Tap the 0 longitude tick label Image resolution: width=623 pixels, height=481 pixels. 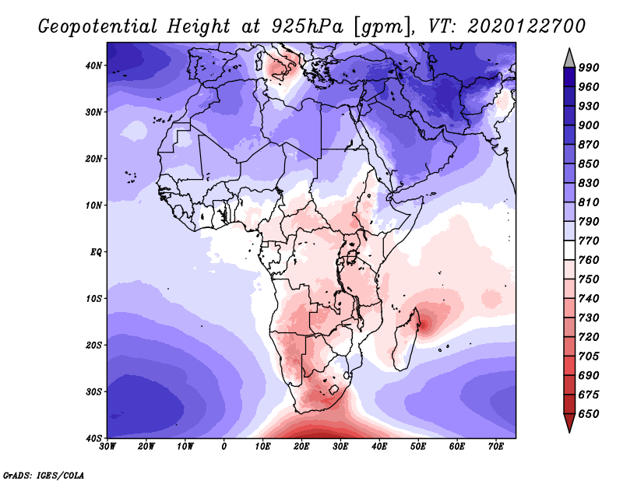tap(224, 447)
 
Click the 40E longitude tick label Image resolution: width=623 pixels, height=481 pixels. tap(379, 447)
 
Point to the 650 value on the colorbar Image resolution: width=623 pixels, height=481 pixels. tap(590, 414)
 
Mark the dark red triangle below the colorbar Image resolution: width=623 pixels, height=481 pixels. tap(569, 423)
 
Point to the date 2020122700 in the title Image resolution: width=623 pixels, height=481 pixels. tap(526, 26)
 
